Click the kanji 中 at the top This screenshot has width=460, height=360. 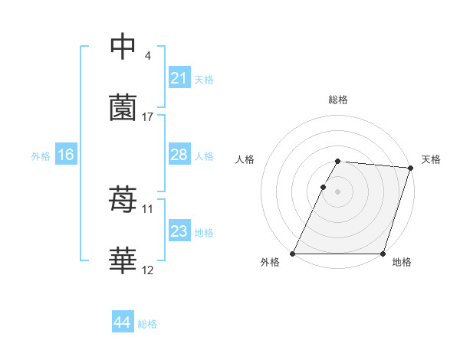point(123,47)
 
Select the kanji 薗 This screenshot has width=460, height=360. point(123,109)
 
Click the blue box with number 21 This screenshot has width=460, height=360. point(179,77)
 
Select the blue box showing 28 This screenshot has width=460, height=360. point(179,155)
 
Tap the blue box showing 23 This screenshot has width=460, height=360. point(179,231)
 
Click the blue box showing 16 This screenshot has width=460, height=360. point(65,155)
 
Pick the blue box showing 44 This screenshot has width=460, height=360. point(122,322)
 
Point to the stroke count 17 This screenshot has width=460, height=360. point(148,117)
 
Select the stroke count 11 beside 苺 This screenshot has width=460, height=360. point(148,208)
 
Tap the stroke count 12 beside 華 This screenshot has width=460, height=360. point(148,270)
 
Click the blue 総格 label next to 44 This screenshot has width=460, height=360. point(147,324)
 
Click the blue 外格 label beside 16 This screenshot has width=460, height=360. point(41,156)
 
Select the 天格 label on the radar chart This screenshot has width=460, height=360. point(431,159)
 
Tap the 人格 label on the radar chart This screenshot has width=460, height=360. point(245,159)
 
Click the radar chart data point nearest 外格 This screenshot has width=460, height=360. point(293,254)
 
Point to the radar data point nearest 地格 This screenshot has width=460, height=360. point(383,254)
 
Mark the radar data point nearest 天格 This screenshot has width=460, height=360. point(411,169)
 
